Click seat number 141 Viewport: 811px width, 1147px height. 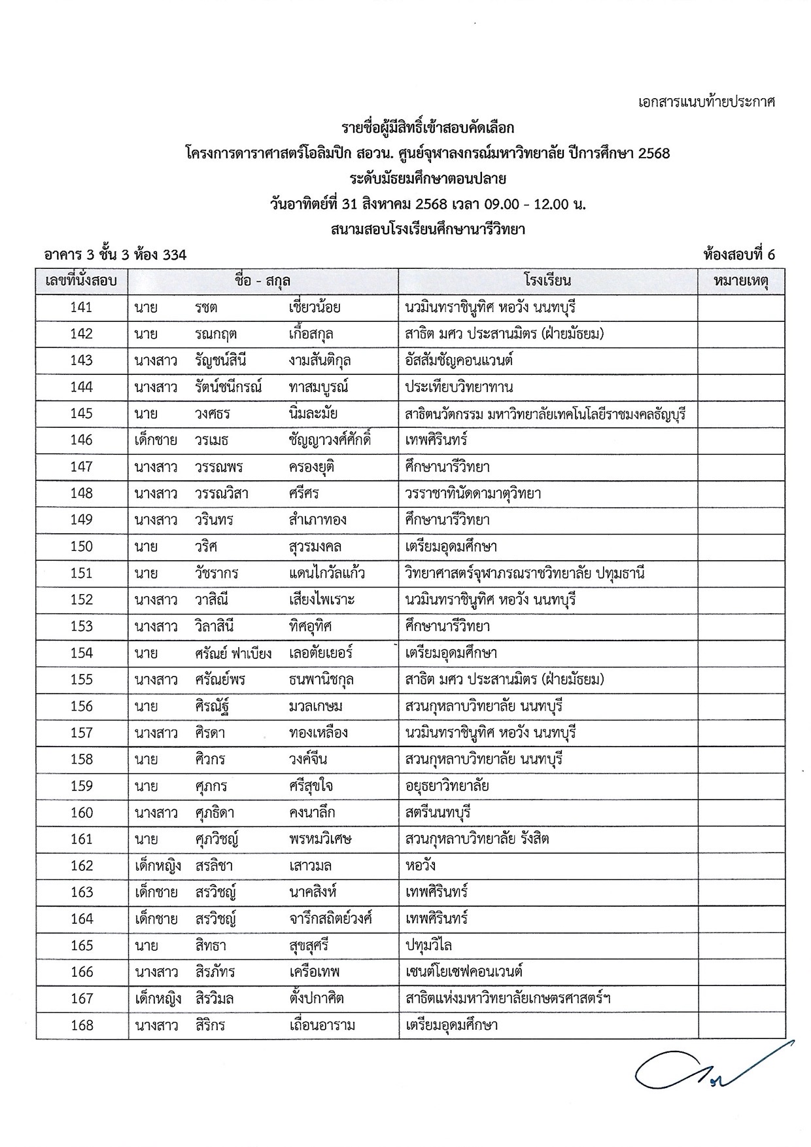tap(81, 308)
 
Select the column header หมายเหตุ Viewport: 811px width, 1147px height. tap(740, 281)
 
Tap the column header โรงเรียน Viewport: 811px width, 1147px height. tap(547, 281)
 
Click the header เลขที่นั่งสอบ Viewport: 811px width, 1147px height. tap(81, 281)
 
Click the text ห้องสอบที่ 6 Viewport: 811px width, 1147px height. tap(738, 255)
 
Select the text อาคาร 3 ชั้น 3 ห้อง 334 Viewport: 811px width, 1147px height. tap(115, 255)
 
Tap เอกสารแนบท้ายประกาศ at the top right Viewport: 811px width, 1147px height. tap(706, 102)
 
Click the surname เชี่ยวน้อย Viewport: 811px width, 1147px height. tap(314, 308)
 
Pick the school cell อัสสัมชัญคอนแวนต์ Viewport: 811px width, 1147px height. tap(458, 361)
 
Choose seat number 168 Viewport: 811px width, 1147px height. tap(81, 1025)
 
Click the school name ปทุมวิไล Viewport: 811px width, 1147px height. tap(428, 945)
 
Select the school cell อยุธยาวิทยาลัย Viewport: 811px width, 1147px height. tap(447, 785)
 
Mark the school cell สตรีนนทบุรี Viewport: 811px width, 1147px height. tap(438, 812)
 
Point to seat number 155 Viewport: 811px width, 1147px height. tap(81, 679)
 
